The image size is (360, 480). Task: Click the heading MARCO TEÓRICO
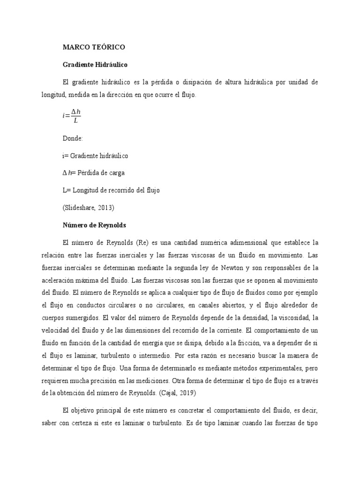click(x=94, y=47)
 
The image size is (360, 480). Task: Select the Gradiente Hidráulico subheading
click(x=96, y=65)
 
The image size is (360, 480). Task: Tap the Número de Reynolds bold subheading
click(x=95, y=225)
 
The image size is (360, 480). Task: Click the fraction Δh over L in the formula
click(x=76, y=116)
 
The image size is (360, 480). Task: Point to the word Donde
click(x=73, y=139)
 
